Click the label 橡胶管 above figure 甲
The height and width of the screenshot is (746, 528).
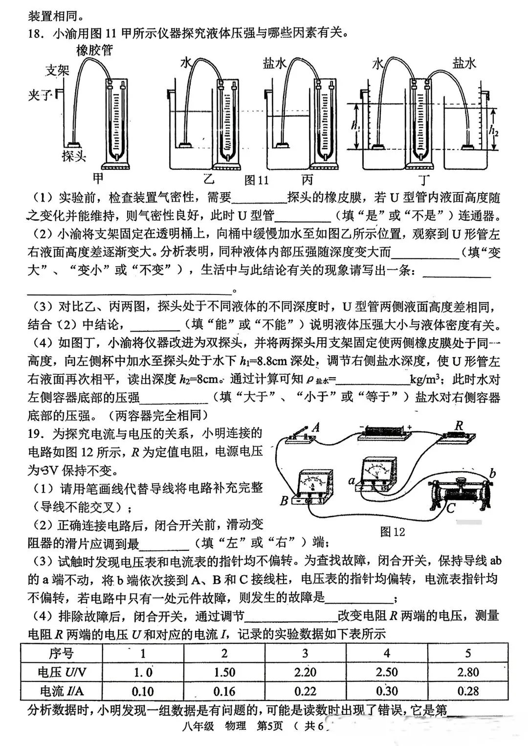point(94,51)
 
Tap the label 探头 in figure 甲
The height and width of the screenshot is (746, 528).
point(74,157)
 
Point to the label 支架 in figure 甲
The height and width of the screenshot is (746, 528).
point(58,70)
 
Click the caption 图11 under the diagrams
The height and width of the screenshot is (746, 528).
point(257,180)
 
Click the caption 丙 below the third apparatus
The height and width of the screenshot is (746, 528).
point(308,179)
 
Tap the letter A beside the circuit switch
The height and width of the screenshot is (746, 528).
point(316,428)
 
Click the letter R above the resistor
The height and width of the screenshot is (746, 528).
point(459,426)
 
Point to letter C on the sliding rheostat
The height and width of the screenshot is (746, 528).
point(451,508)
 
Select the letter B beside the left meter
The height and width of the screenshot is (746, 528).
point(284,501)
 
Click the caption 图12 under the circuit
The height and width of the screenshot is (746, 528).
point(393,532)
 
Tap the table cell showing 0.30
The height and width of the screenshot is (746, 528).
point(386,691)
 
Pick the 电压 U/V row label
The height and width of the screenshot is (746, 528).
point(62,672)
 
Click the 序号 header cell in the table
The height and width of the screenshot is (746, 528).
point(62,654)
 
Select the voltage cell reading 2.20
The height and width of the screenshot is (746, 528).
point(305,672)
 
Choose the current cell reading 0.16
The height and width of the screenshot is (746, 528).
point(224,691)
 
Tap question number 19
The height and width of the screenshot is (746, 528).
point(36,433)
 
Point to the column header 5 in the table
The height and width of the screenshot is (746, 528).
point(468,654)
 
